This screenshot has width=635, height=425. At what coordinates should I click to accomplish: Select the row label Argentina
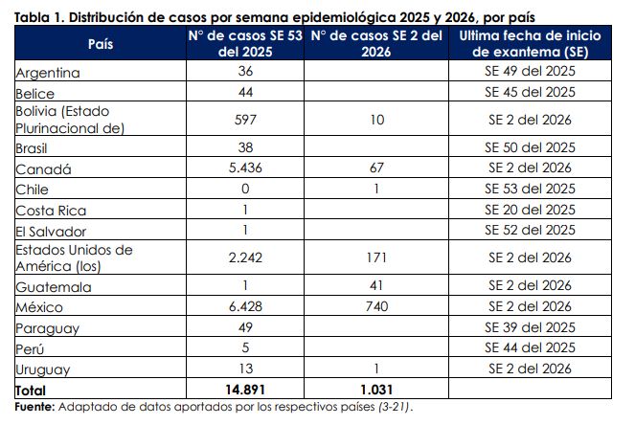coord(48,73)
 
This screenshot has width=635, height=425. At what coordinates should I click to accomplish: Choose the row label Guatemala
coord(54,287)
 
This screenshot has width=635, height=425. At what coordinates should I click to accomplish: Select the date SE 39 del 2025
coord(530,326)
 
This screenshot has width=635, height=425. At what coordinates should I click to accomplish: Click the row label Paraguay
coord(47,327)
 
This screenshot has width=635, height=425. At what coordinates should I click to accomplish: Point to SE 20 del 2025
coord(530,210)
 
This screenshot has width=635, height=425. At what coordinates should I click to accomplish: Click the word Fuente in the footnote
coord(34,407)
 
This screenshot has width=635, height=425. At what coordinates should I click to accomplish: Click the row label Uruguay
coord(44,369)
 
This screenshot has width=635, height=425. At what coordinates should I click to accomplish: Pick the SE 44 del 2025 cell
coord(530,347)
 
